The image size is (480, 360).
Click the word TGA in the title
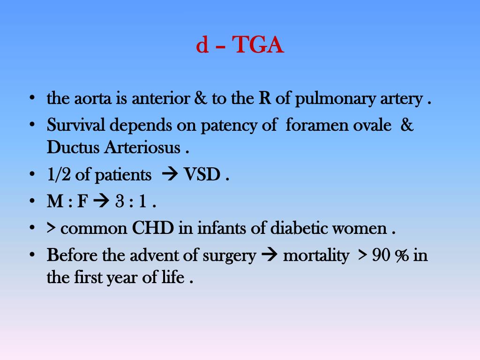click(x=258, y=46)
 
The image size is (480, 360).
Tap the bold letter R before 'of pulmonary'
click(x=263, y=99)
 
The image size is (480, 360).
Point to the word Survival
click(x=76, y=126)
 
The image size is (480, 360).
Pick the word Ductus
click(x=73, y=148)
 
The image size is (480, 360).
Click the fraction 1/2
click(x=59, y=175)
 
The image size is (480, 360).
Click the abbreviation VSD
click(x=202, y=175)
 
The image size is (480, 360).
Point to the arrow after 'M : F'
click(x=100, y=202)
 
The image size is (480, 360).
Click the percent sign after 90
click(x=402, y=256)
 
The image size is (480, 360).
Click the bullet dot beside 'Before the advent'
click(x=32, y=255)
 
